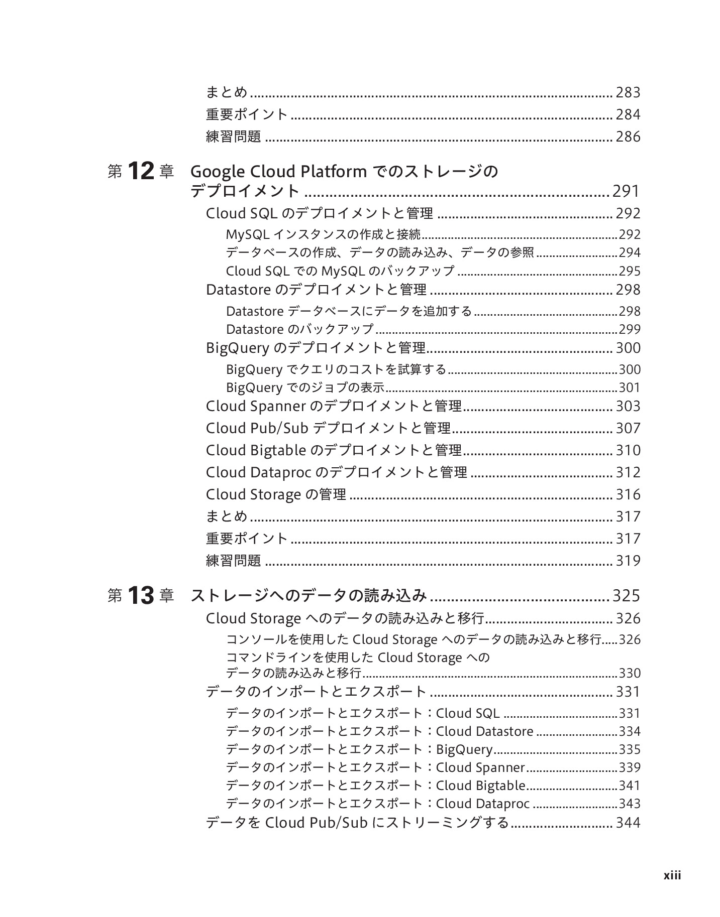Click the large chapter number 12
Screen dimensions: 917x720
(x=141, y=172)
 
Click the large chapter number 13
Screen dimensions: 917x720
(x=141, y=596)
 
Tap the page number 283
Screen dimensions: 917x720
(x=628, y=92)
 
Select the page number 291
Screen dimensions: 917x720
(x=626, y=191)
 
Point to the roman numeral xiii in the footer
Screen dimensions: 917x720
(x=672, y=875)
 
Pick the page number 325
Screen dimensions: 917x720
(x=626, y=596)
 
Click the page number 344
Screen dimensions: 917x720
(x=628, y=823)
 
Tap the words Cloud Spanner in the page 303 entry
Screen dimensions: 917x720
(x=256, y=406)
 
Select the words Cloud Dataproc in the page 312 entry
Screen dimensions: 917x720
(x=258, y=472)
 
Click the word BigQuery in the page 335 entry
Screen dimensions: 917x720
(x=464, y=749)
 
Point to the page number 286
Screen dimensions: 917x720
(x=628, y=137)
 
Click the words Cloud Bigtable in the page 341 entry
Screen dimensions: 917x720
(x=480, y=785)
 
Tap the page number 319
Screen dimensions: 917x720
(x=628, y=561)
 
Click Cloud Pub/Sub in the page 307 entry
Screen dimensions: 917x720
(x=257, y=428)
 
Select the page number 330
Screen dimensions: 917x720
(x=630, y=673)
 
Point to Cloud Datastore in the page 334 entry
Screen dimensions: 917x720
(x=484, y=731)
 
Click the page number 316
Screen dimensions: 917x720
(x=628, y=494)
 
